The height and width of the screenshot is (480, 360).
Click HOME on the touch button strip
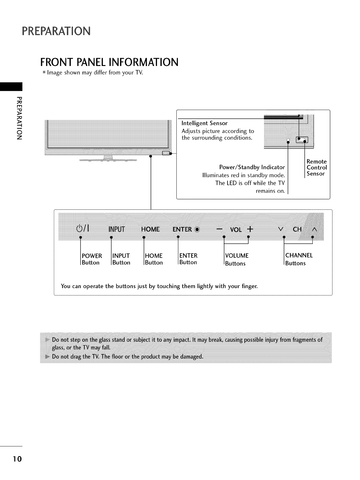(150, 229)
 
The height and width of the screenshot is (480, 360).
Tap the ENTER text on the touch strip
(182, 229)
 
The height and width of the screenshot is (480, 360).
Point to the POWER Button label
(92, 259)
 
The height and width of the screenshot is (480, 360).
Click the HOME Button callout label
(154, 259)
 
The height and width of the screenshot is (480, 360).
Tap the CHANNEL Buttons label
(299, 259)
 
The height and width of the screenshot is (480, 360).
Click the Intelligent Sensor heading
(204, 123)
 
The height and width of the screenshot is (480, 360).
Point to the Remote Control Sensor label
(316, 167)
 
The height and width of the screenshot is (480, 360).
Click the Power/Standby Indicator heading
(252, 167)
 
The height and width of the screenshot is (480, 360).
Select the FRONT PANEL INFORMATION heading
(109, 62)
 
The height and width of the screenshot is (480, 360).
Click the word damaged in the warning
(191, 357)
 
